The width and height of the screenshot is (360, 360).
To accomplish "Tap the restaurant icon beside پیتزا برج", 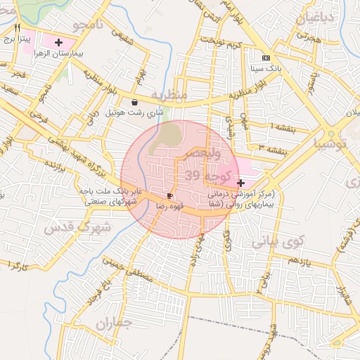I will tap(17, 27).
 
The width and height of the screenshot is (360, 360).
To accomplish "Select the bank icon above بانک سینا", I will tap(266, 58).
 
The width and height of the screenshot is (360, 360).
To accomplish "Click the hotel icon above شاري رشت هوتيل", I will tap(134, 102).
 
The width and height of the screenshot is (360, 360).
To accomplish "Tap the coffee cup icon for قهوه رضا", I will tap(169, 195).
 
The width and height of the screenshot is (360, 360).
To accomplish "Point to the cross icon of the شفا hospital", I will tap(241, 182).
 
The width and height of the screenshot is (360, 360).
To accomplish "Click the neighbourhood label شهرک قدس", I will tap(77, 228).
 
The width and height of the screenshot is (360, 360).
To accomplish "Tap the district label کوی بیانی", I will tap(276, 242).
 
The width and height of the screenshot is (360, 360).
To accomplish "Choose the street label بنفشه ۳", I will tap(270, 149).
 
